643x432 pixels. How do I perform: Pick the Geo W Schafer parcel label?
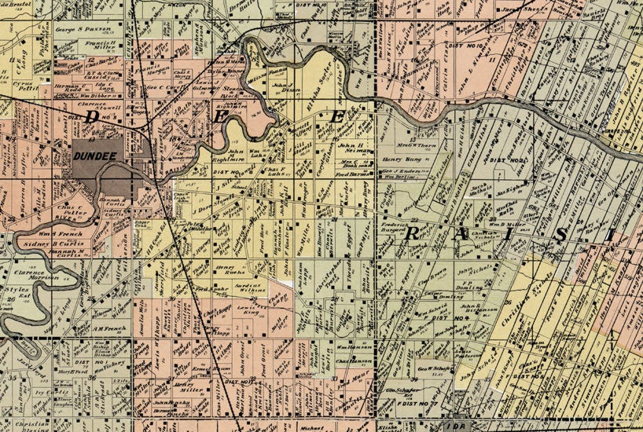[432, 368]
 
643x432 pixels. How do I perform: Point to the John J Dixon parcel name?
[287, 87]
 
